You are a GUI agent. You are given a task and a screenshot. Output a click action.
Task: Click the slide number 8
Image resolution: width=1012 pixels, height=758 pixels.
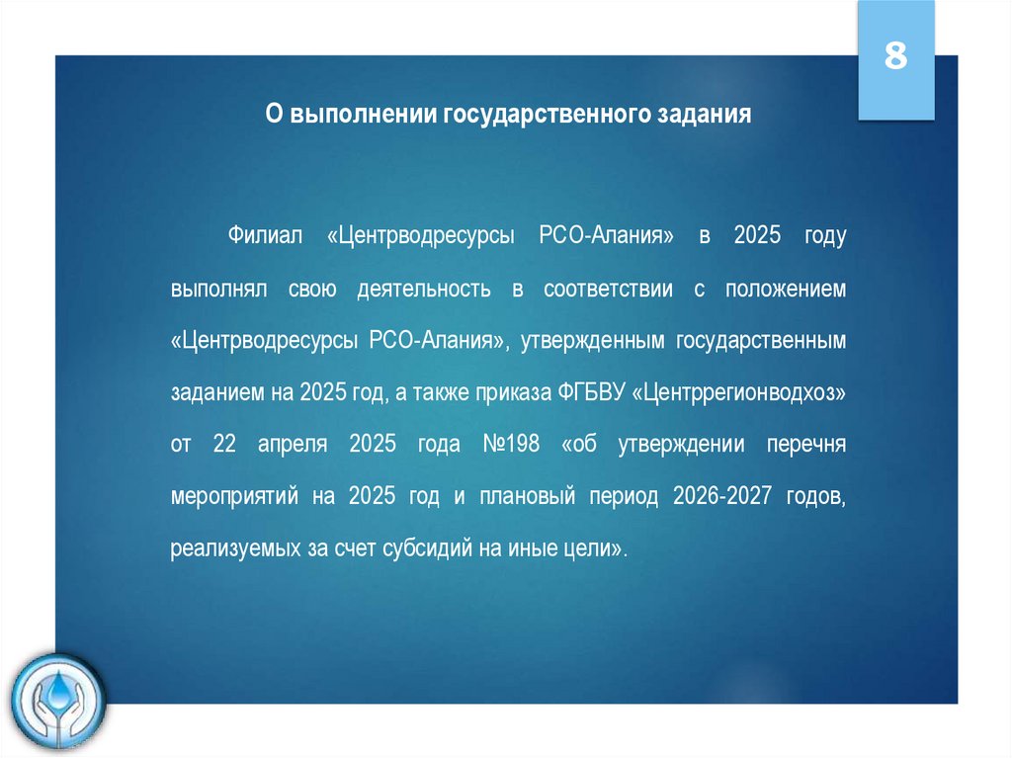click(x=895, y=57)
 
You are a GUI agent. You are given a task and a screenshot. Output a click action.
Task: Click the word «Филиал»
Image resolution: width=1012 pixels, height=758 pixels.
click(x=263, y=236)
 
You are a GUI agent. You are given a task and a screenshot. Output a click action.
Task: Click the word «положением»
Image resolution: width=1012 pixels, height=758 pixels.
click(x=786, y=290)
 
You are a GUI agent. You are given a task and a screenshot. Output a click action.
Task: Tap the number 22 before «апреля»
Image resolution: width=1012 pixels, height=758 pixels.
click(x=223, y=445)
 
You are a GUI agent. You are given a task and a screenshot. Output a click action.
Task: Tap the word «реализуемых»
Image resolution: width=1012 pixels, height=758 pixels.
click(x=229, y=549)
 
